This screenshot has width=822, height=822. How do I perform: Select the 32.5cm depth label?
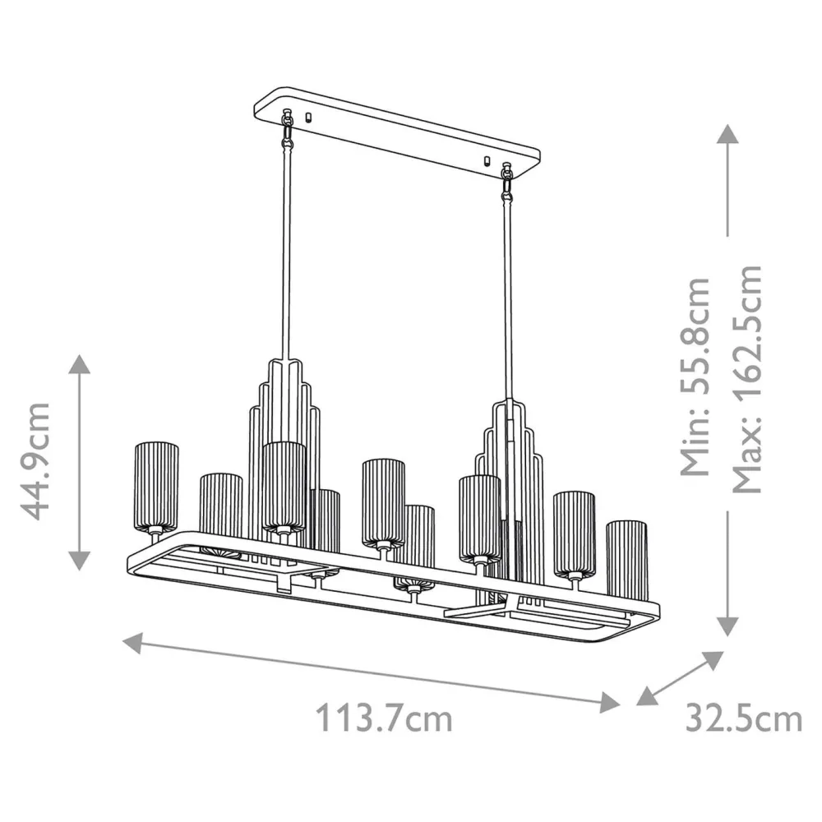click(743, 719)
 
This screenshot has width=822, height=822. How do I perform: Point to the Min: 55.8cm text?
click(697, 376)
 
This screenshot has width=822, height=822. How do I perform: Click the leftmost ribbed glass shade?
click(156, 488)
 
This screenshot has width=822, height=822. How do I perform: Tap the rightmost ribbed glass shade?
click(626, 559)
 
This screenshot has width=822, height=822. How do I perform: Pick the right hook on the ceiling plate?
click(507, 181)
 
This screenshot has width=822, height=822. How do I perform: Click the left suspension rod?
click(289, 255)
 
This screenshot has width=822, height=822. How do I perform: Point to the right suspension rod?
click(510, 296)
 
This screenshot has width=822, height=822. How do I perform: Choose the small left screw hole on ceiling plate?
click(308, 117)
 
